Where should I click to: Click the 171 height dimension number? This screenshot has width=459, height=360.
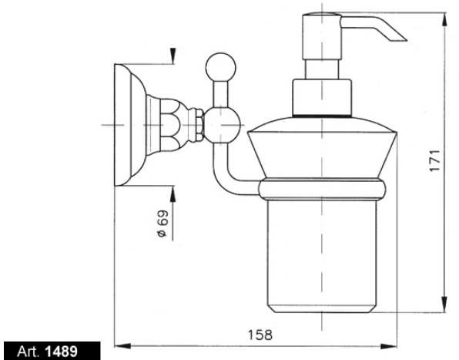[435, 160]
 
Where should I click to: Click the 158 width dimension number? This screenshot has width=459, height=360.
[260, 335]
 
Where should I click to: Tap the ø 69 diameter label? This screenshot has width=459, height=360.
[163, 224]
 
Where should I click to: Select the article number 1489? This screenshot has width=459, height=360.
[62, 352]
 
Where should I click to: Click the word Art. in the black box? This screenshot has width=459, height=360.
[28, 352]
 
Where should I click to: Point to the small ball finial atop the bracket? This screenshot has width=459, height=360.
[221, 67]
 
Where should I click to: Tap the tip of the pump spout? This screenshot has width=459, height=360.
[406, 40]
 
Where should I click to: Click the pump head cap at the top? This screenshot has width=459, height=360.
[322, 36]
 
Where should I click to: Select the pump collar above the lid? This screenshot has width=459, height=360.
[322, 98]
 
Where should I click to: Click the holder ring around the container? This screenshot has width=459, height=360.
[322, 189]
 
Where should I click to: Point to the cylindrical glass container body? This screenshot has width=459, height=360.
[322, 256]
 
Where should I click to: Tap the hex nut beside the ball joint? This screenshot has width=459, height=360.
[200, 125]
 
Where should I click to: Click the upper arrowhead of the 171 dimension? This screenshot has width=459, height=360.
[445, 21]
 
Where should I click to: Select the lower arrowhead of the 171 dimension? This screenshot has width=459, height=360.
[444, 304]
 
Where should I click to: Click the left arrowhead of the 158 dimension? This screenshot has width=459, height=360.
[122, 346]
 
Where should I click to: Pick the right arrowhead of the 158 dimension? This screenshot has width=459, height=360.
[389, 347]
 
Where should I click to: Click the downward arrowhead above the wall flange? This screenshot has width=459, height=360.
[173, 56]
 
